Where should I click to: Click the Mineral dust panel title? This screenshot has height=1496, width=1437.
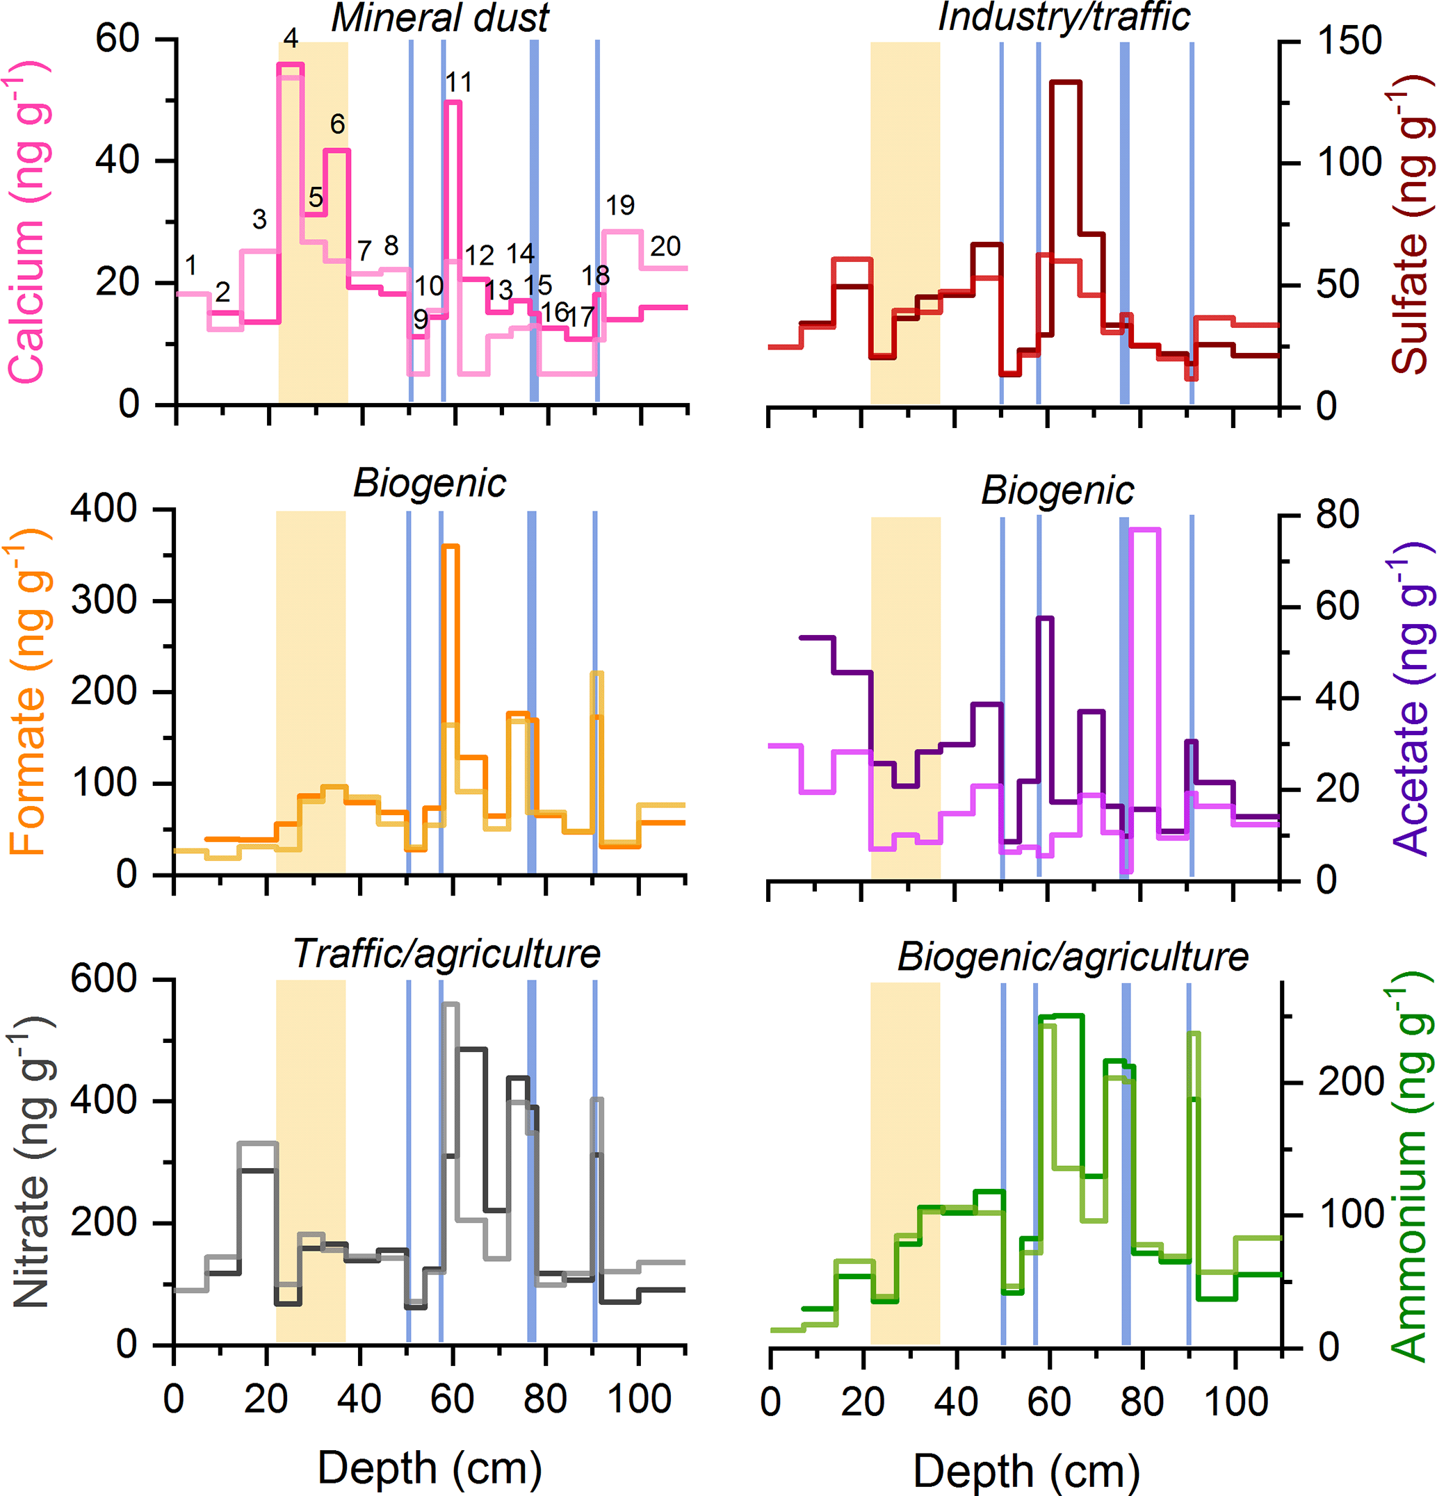[x=440, y=18]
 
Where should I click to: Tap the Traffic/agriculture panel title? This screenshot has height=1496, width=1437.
[x=447, y=953]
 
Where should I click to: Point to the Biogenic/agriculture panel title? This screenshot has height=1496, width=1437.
[x=1073, y=956]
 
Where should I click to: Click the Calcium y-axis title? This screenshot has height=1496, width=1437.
[x=29, y=222]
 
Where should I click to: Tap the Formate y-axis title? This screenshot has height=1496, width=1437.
[x=29, y=691]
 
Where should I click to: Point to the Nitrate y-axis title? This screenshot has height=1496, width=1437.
[x=29, y=1160]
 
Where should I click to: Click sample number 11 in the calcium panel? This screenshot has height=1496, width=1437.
[x=458, y=83]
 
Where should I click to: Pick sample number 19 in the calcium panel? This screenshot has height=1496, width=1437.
[x=620, y=205]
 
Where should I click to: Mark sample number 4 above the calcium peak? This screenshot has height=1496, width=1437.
[x=290, y=38]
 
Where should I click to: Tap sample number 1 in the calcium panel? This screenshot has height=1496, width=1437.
[x=191, y=265]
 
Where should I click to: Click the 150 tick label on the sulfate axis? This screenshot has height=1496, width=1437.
[x=1349, y=40]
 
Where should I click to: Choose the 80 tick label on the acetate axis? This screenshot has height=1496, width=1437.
[x=1337, y=515]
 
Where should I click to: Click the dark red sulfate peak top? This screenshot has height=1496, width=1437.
[x=1065, y=82]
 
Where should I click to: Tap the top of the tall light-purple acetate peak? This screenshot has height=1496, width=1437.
[x=1144, y=529]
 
